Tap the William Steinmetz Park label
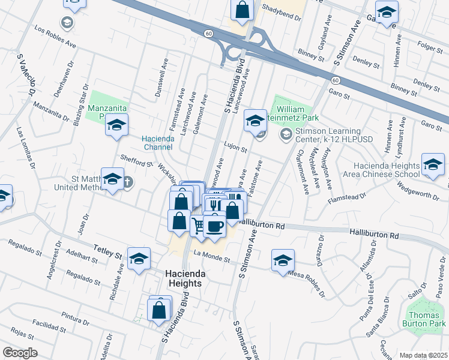(297, 114)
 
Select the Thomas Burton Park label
(426, 319)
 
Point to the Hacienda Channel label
(158, 143)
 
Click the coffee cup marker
(215, 226)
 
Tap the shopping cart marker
(199, 226)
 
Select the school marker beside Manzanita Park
(116, 125)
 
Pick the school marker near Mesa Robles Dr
(283, 261)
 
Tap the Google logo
(20, 352)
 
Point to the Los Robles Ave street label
(55, 37)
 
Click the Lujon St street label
(236, 147)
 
